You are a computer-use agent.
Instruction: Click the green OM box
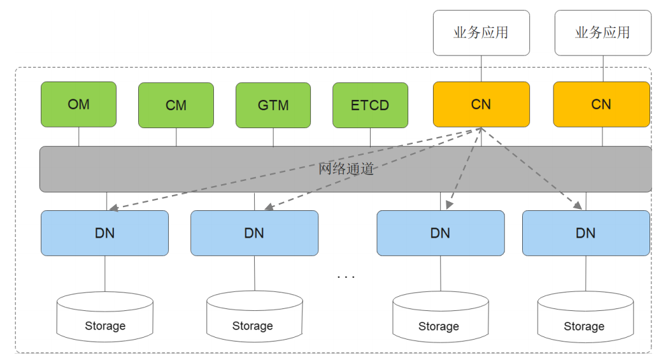78,104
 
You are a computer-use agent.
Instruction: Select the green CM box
176,105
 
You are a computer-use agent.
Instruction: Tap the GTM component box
273,105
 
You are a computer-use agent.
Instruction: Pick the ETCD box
370,105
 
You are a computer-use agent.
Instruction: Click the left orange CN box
481,104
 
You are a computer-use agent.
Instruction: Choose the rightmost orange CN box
602,104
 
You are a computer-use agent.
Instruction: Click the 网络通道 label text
346,169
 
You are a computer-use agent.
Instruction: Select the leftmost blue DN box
104,233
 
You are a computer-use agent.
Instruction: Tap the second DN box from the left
254,233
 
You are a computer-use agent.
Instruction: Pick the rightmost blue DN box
586,233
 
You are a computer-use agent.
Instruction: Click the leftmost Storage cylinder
105,317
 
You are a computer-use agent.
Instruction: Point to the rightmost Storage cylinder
586,317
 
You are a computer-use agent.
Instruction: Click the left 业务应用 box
481,33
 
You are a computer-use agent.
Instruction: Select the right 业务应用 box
603,33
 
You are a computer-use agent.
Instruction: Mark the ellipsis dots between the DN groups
346,277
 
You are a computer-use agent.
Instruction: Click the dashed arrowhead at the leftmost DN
113,208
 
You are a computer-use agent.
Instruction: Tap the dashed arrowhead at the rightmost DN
578,206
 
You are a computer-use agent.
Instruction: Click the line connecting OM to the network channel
79,137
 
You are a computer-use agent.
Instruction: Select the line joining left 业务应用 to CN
481,69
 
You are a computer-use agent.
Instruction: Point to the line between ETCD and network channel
370,137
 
